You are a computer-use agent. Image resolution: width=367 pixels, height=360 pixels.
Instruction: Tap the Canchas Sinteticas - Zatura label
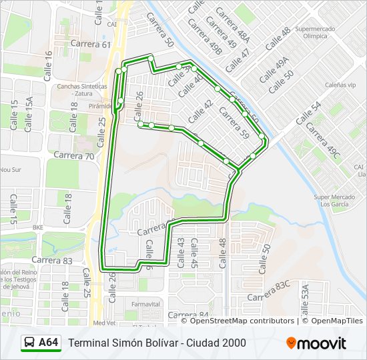(x=83, y=89)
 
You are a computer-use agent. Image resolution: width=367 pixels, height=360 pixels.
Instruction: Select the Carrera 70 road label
(x=73, y=155)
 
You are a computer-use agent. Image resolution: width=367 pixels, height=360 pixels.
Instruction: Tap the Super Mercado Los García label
(x=332, y=201)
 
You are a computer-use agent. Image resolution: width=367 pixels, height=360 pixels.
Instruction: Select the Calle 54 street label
(x=308, y=112)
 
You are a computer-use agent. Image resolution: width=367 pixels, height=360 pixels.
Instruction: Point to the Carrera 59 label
(x=233, y=123)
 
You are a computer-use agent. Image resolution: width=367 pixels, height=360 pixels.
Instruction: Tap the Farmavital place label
(x=146, y=304)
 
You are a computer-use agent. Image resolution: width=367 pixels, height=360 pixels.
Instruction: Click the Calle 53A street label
(x=304, y=300)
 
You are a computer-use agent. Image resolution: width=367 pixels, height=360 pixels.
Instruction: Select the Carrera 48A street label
(x=229, y=27)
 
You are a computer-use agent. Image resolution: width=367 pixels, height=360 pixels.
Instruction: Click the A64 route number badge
(x=48, y=343)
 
